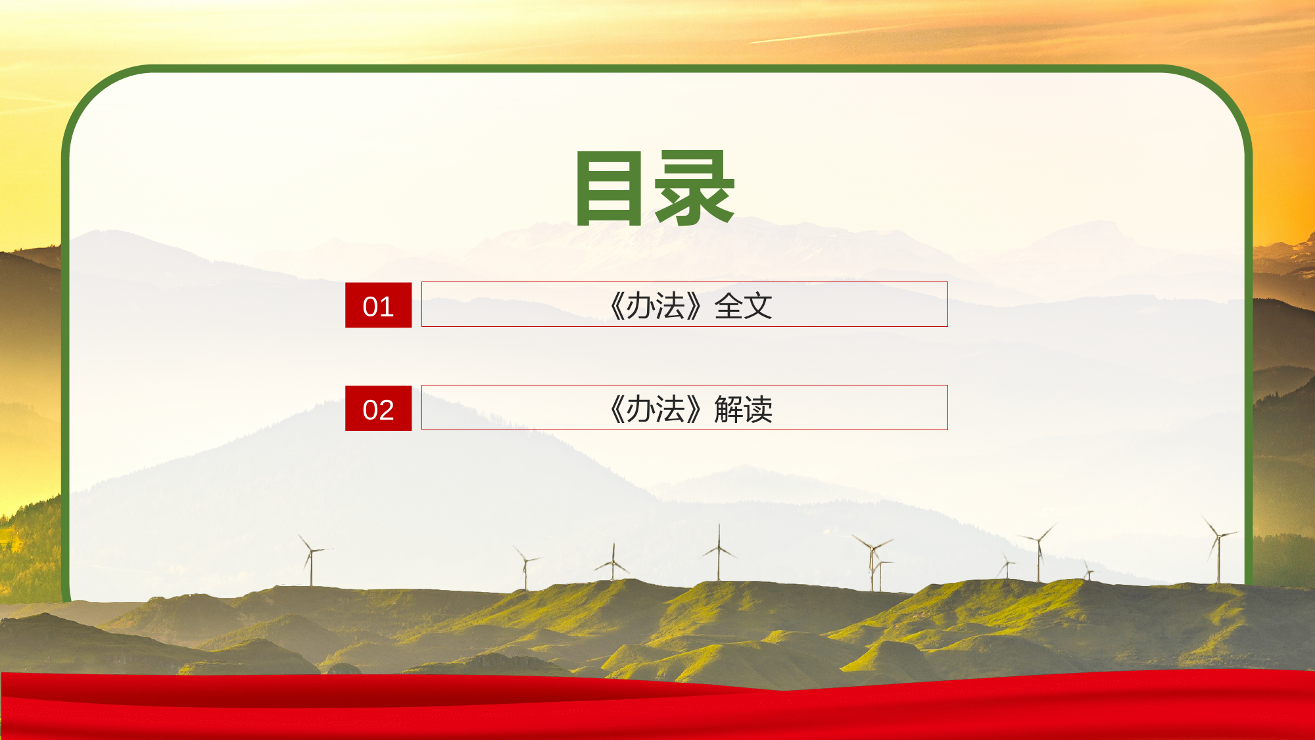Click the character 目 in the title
point(608,188)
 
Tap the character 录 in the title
point(695,188)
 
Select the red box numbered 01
point(378,305)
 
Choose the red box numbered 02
point(378,408)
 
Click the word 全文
point(743,306)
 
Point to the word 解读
point(743,409)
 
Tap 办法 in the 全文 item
point(656,306)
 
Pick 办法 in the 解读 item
point(656,409)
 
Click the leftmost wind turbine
point(311,559)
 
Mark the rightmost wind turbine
point(1218,549)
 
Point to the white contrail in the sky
point(822,34)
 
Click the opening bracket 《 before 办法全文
point(617,306)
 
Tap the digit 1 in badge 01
point(386,307)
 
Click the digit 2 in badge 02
point(386,410)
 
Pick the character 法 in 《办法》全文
point(670,306)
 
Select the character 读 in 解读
point(758,409)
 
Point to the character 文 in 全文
point(758,306)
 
